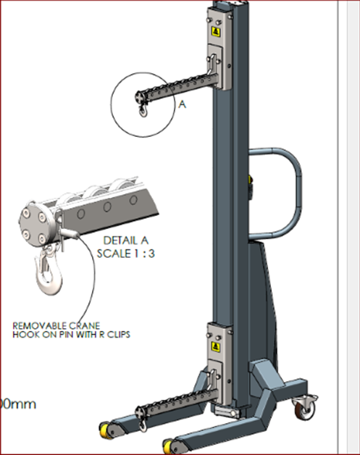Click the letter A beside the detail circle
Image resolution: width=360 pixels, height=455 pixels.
(x=183, y=104)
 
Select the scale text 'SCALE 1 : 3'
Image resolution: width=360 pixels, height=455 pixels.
(x=125, y=254)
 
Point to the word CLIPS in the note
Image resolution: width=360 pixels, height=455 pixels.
(x=119, y=334)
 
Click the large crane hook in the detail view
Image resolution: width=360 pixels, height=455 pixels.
(x=48, y=270)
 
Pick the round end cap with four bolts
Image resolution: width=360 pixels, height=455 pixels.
(x=35, y=223)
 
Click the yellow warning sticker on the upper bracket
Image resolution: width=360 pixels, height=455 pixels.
(x=216, y=31)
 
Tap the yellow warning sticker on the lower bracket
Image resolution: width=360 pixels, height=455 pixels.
(x=215, y=346)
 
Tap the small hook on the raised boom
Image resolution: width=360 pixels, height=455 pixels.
(x=143, y=111)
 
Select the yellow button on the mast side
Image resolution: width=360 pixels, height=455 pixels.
(x=250, y=180)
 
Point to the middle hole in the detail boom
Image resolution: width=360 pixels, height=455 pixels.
(x=107, y=207)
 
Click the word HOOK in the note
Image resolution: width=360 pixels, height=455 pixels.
(x=26, y=334)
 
